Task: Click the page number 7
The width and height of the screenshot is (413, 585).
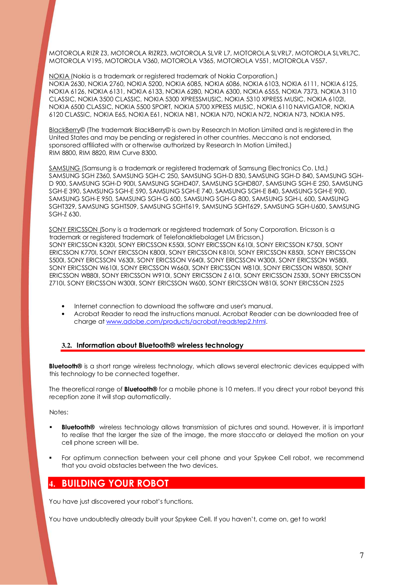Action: point(361,555)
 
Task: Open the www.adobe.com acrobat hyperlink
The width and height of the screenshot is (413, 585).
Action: point(186,322)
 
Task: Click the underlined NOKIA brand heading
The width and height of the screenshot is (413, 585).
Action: point(59,76)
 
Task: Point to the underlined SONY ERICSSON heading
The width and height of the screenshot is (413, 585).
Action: point(74,230)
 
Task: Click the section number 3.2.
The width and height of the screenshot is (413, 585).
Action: point(67,346)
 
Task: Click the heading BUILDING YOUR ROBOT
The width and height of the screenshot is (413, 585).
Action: point(115,483)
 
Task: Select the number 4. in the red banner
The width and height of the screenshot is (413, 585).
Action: point(52,484)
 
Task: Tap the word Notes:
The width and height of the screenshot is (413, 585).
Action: point(59,412)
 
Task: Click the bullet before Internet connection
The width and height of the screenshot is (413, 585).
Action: point(63,306)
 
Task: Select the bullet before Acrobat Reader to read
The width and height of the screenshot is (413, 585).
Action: point(63,314)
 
